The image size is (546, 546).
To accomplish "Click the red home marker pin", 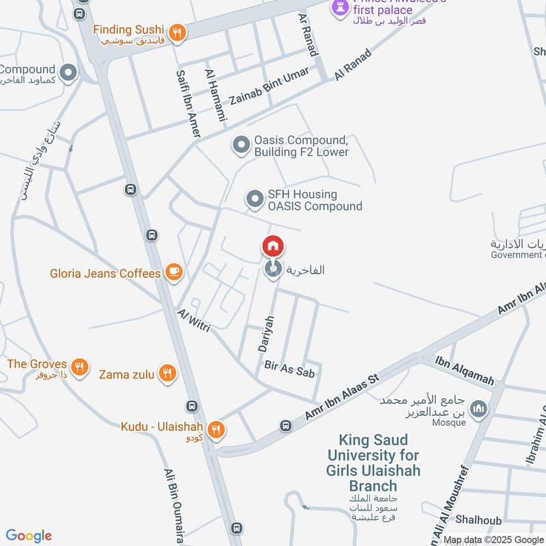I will (272, 246).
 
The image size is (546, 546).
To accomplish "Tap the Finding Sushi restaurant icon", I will (177, 32).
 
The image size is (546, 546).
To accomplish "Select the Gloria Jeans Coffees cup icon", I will (174, 273).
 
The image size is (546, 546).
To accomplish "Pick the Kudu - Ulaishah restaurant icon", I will (216, 429).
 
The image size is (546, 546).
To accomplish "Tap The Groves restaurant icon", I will (80, 366).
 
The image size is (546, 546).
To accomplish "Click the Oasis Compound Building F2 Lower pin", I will (240, 145).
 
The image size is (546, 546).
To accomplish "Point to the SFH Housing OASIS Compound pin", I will (255, 199).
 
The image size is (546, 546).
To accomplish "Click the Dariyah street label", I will (265, 334).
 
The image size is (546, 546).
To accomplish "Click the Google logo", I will (29, 536).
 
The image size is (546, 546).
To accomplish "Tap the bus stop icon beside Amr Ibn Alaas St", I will (285, 427).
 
